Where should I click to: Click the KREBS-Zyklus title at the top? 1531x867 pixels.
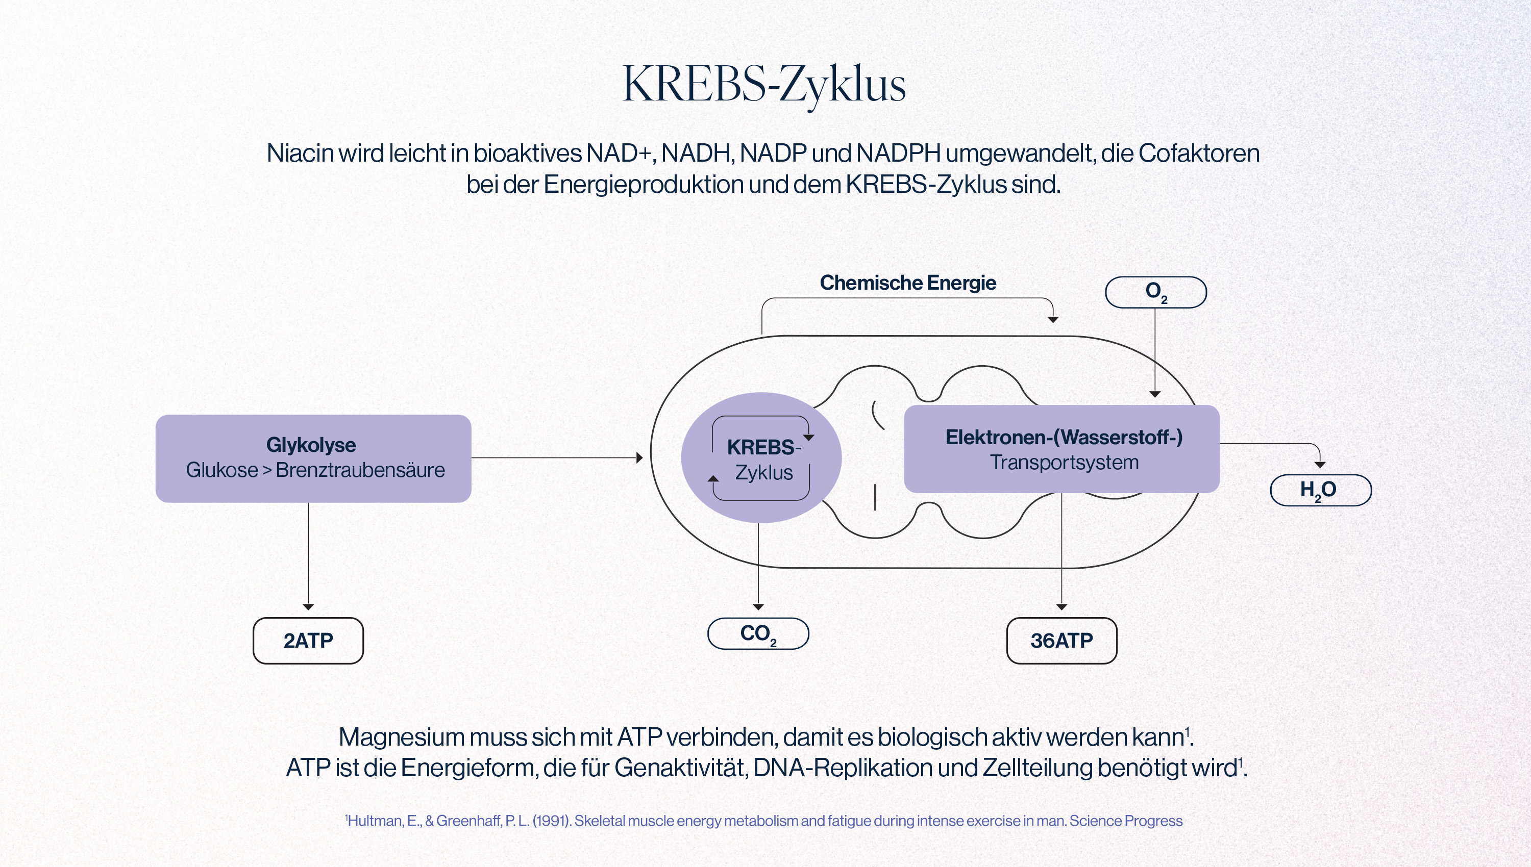(x=764, y=85)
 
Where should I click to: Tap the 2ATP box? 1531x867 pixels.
(x=308, y=641)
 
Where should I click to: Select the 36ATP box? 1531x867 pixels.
(x=1061, y=641)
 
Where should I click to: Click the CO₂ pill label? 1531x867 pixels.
(x=758, y=633)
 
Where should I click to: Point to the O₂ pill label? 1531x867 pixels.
(x=1156, y=292)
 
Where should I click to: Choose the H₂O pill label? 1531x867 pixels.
(x=1321, y=490)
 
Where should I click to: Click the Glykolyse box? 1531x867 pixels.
(x=313, y=458)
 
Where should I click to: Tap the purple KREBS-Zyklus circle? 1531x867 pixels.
(x=761, y=457)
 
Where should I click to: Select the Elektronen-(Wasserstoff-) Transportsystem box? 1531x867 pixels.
(x=1061, y=449)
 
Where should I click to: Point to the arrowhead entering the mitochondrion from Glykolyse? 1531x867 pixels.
(x=640, y=458)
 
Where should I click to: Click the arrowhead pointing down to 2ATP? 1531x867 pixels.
(x=308, y=607)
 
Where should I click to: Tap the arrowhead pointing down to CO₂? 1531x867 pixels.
(x=758, y=607)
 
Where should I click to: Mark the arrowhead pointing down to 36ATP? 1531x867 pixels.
(x=1061, y=607)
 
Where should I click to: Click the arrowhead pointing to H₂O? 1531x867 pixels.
(x=1320, y=465)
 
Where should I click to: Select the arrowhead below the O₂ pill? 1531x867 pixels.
(x=1155, y=394)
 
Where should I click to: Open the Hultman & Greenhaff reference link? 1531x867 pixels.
(x=764, y=821)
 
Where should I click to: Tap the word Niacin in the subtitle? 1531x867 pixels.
(x=300, y=154)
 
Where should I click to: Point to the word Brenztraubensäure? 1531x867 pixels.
(x=360, y=470)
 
